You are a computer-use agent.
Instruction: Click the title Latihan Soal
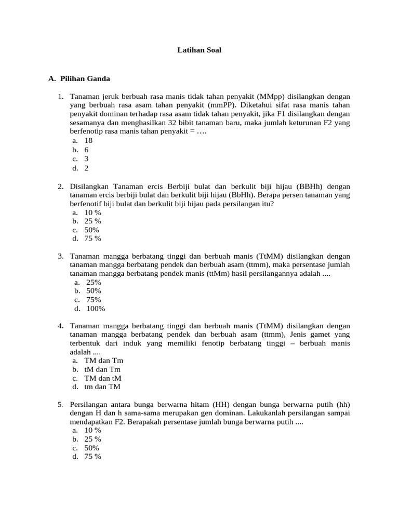(199, 51)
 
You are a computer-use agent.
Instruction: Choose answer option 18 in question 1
(88, 140)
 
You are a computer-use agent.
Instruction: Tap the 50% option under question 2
(91, 230)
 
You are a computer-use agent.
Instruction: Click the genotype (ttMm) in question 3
(220, 273)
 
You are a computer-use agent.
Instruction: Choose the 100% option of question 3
(96, 308)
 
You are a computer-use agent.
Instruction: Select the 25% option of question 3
(94, 282)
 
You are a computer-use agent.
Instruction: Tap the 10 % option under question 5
(92, 430)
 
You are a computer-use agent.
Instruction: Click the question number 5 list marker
(60, 404)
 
